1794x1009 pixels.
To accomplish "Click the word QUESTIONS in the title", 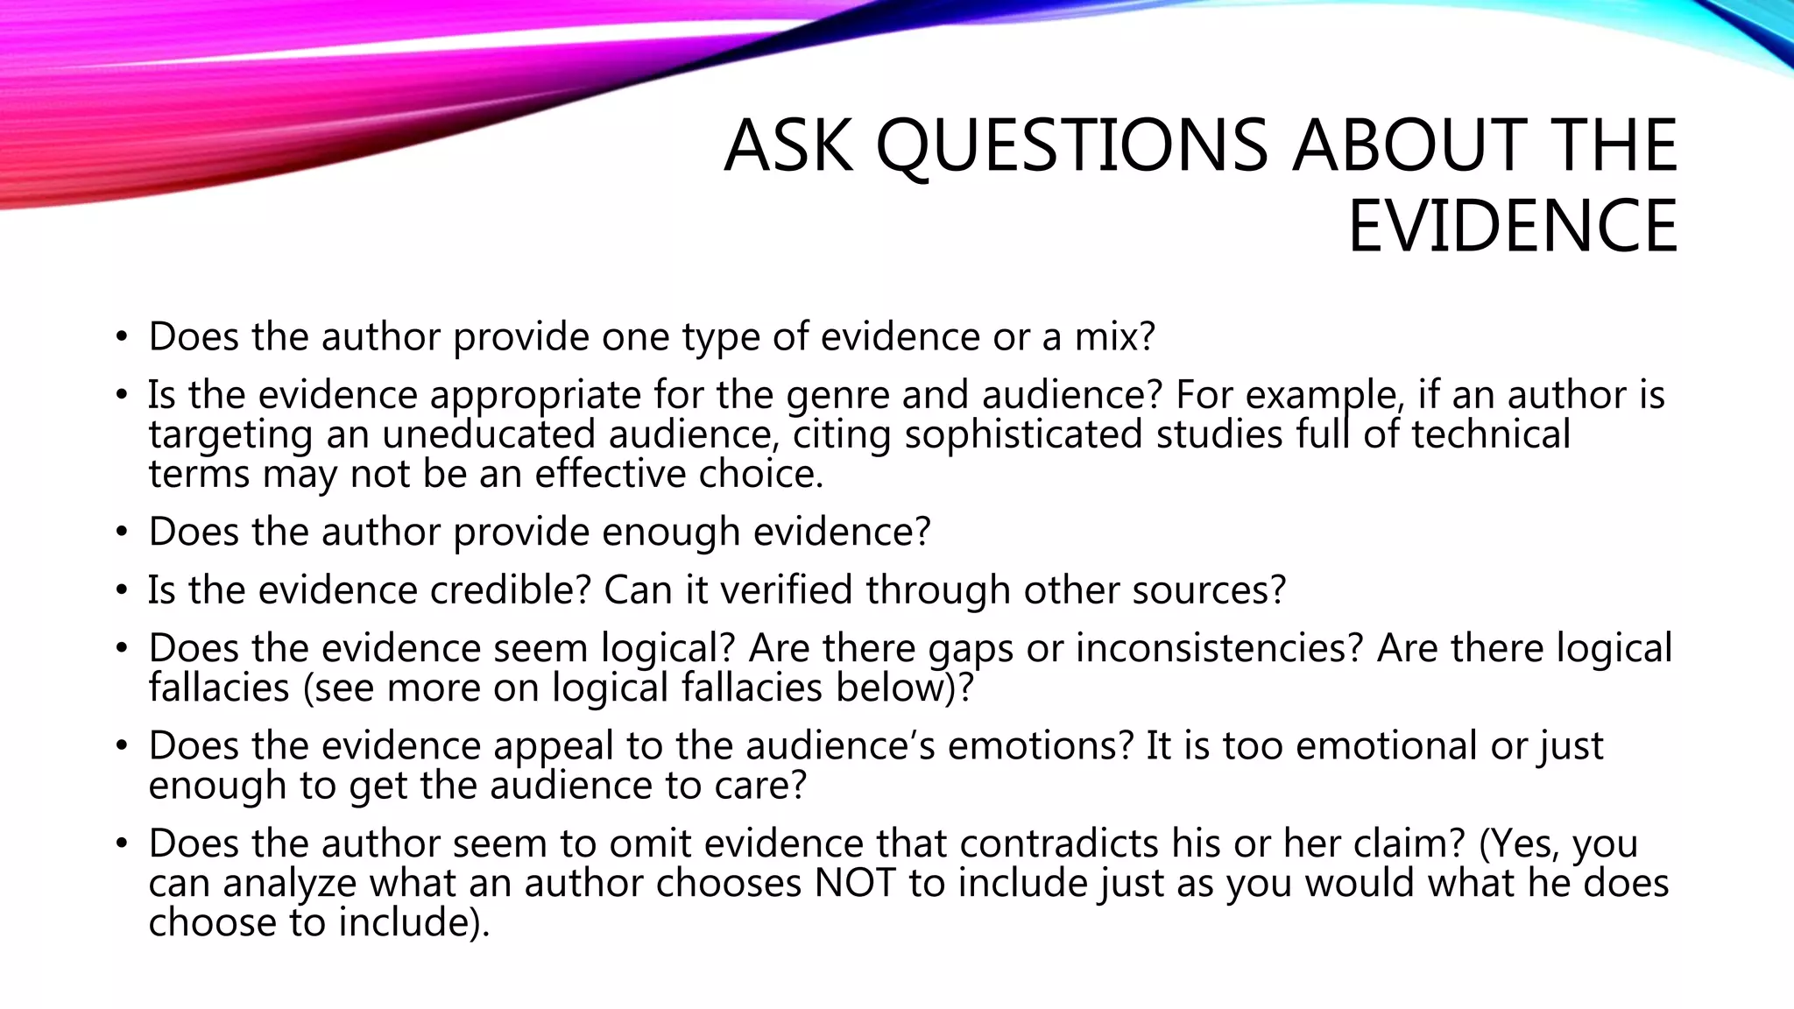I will tap(1071, 145).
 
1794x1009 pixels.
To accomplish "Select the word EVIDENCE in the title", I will tap(1512, 226).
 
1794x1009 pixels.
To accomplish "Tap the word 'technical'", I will tap(1490, 434).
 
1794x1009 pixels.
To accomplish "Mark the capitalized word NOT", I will tap(855, 883).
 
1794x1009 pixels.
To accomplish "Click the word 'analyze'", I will tap(289, 883).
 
